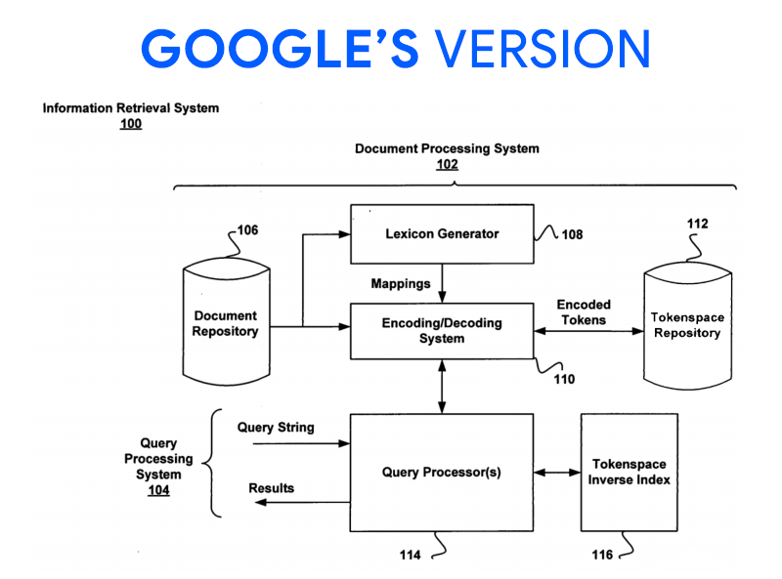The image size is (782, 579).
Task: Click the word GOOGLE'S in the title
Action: (x=279, y=48)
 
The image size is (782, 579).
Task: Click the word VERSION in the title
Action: (x=542, y=48)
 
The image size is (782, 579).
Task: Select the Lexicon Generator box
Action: (x=442, y=233)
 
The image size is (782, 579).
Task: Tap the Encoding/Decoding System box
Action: (x=442, y=331)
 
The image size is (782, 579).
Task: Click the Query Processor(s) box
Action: (x=442, y=472)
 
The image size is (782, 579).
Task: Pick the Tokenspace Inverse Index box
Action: (x=629, y=472)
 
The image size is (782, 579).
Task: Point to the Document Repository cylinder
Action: (x=225, y=324)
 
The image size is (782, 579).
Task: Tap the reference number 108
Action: (x=572, y=234)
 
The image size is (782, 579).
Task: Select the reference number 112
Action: (x=697, y=224)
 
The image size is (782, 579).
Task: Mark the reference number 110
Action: (x=564, y=379)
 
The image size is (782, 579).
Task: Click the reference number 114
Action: (x=410, y=555)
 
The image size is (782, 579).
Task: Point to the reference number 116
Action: (x=602, y=555)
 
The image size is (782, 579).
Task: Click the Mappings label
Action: (x=400, y=284)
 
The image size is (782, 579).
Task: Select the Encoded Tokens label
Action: (x=584, y=312)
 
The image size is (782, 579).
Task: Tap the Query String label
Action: (x=276, y=428)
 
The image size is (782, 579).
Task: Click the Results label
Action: (x=271, y=487)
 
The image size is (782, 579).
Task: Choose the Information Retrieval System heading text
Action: (x=130, y=108)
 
